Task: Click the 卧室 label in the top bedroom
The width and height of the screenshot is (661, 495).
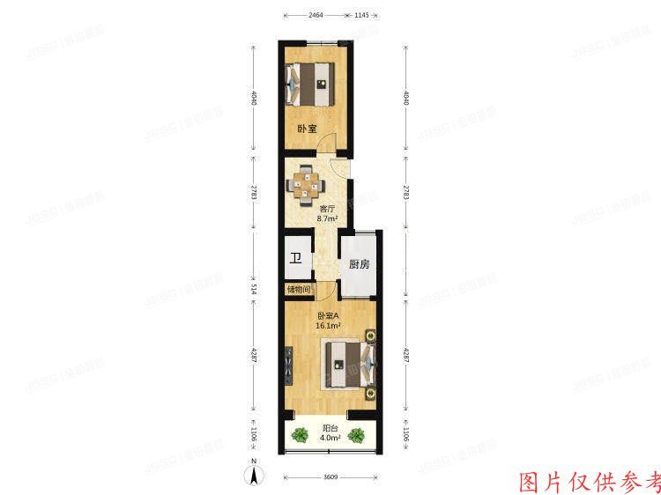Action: coord(306,129)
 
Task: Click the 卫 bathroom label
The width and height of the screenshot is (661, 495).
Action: coord(297,258)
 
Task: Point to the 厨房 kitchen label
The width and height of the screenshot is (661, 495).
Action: coord(358,264)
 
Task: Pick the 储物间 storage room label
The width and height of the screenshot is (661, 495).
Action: coord(298,289)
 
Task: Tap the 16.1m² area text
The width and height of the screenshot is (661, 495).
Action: coord(328,325)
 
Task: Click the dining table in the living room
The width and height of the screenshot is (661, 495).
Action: coord(307,182)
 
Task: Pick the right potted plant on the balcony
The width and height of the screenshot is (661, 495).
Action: coord(358,434)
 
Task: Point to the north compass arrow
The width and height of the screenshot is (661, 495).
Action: coord(254,475)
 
